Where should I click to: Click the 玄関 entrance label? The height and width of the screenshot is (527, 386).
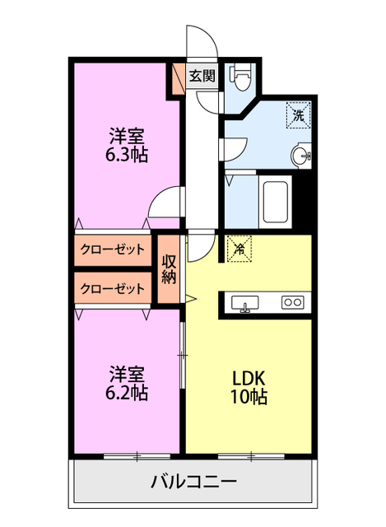(202, 77)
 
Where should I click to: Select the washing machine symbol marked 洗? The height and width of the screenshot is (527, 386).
(297, 115)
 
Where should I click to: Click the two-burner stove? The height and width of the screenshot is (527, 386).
(292, 302)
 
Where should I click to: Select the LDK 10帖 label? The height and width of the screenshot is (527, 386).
(248, 386)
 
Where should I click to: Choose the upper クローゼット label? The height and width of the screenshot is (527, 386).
(113, 249)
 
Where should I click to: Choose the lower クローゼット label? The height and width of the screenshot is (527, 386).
(113, 289)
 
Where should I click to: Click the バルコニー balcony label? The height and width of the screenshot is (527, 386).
(193, 483)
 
